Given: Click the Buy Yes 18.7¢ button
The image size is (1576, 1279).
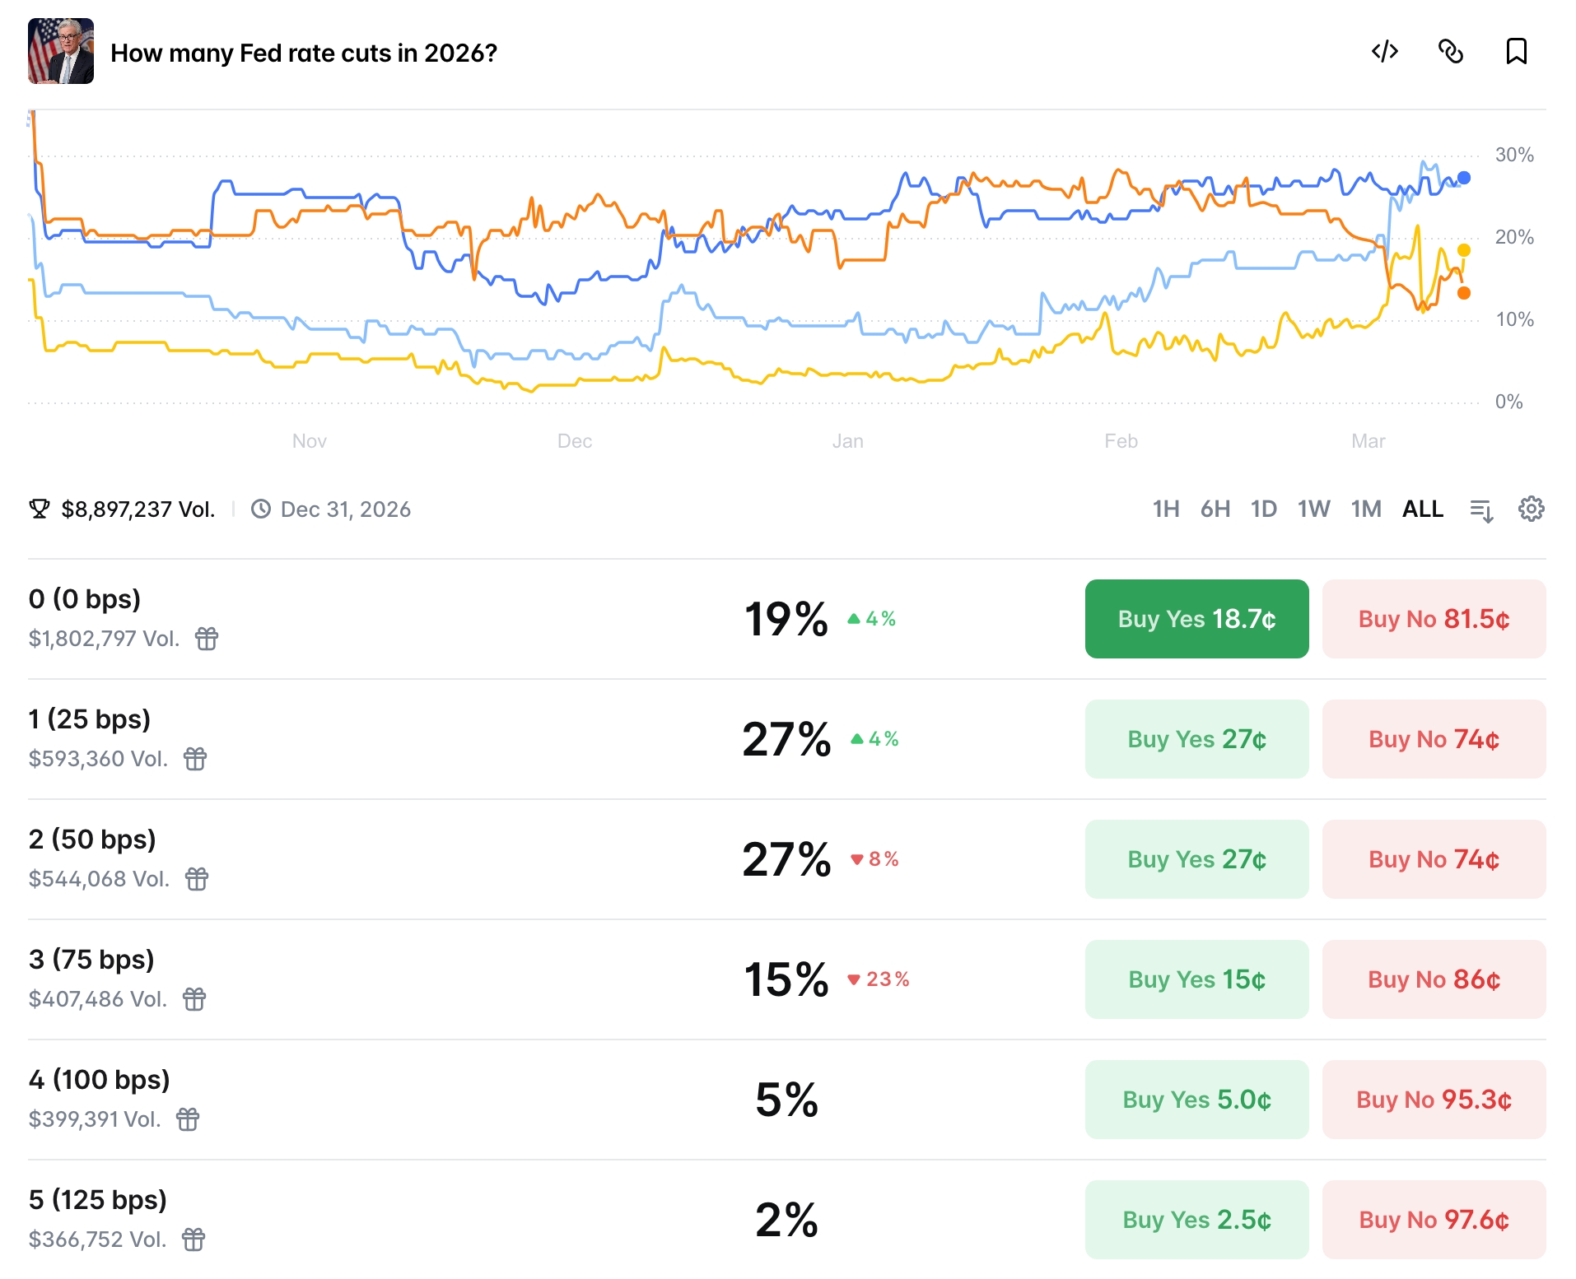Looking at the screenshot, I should (x=1196, y=619).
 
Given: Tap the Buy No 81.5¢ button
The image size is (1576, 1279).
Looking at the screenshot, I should (x=1433, y=619).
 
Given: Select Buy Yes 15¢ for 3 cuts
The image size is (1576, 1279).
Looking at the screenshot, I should (x=1196, y=979).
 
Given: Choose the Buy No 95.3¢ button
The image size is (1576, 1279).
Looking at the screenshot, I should (x=1433, y=1100).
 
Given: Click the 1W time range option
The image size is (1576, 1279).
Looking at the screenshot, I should (x=1313, y=509).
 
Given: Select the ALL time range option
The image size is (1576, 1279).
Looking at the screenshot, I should (x=1422, y=509).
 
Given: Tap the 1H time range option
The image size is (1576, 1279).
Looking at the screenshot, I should (x=1165, y=509).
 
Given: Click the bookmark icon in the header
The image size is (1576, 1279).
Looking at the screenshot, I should (x=1516, y=52).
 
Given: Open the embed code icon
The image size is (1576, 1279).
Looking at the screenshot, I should (x=1384, y=52).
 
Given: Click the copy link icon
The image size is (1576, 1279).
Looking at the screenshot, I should (x=1450, y=52).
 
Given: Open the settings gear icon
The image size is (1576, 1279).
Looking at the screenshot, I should (x=1531, y=509).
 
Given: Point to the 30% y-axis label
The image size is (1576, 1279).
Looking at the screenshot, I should (x=1513, y=155).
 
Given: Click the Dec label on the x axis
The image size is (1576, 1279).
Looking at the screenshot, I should (x=574, y=441).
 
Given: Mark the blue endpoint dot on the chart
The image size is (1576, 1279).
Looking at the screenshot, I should (x=1463, y=178).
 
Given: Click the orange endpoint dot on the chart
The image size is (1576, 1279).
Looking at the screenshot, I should (x=1463, y=293).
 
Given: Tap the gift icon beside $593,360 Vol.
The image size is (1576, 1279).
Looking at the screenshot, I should (x=195, y=759).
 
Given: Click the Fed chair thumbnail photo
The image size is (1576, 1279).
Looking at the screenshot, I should (x=61, y=52).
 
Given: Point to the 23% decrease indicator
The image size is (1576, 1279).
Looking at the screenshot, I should (x=879, y=979).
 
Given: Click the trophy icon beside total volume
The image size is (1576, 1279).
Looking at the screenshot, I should (x=39, y=509).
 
